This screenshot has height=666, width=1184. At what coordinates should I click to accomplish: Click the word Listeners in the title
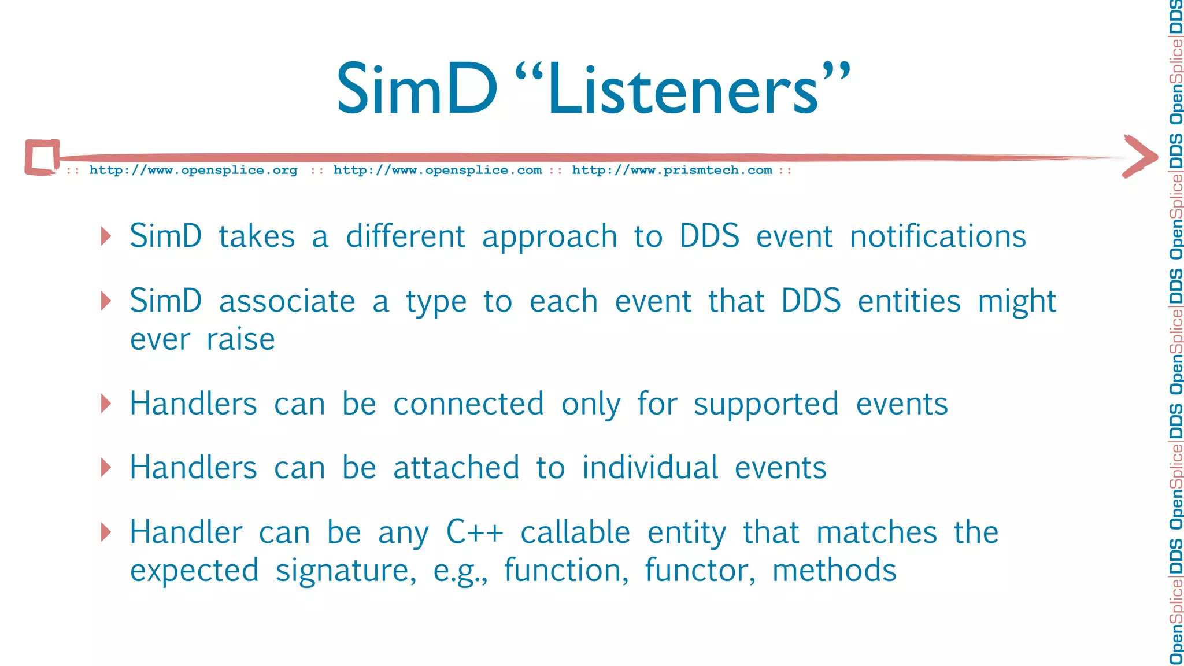coord(682,90)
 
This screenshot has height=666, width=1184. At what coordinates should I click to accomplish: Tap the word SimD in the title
coord(416,90)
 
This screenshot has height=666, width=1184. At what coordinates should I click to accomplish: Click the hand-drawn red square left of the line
coord(42,157)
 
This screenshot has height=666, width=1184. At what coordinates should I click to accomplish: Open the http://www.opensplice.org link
coord(193,171)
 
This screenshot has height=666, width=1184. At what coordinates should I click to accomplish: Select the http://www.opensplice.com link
coord(438,171)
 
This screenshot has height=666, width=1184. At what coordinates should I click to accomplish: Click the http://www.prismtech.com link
coord(672,171)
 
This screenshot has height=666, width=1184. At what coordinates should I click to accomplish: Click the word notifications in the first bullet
coord(938,236)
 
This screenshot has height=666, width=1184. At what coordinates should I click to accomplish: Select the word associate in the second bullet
coord(287,302)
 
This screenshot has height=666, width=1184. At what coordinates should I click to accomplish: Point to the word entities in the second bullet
coord(909,302)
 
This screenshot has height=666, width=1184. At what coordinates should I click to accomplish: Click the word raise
coord(240,339)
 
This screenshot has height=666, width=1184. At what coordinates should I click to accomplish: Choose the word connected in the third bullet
coord(469,404)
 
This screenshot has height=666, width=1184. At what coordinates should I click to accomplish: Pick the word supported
coord(766,405)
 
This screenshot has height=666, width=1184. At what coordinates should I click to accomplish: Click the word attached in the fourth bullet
coord(456,468)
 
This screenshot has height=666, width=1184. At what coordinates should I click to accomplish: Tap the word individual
coord(650,468)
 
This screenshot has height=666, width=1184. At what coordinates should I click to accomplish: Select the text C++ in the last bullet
coord(475,532)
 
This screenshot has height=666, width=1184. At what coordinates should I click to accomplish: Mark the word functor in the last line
coord(700,571)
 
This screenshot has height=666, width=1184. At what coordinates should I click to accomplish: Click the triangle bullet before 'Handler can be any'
coord(106,532)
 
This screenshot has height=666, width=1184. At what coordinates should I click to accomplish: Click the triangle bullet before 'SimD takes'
coord(106,236)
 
